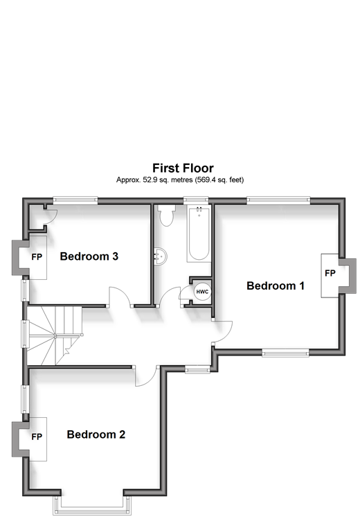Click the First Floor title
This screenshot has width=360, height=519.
coord(183,168)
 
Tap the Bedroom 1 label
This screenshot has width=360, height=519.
coord(276,285)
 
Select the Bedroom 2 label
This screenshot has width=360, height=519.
coord(96,434)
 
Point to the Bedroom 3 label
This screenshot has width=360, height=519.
coord(89,256)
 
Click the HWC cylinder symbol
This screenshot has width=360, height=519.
coord(202,292)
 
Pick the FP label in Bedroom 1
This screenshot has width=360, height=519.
coord(330,273)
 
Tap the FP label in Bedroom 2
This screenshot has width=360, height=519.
coord(37,437)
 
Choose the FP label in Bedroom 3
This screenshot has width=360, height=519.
coord(37,257)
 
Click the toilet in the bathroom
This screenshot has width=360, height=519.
coord(166,215)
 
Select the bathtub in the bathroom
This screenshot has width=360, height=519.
coord(199,234)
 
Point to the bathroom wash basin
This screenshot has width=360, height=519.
coord(161,256)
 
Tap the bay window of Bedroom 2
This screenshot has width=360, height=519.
coord(92,506)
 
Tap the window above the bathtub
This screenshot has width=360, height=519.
coord(196,200)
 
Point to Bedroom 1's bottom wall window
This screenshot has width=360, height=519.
coord(286,353)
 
